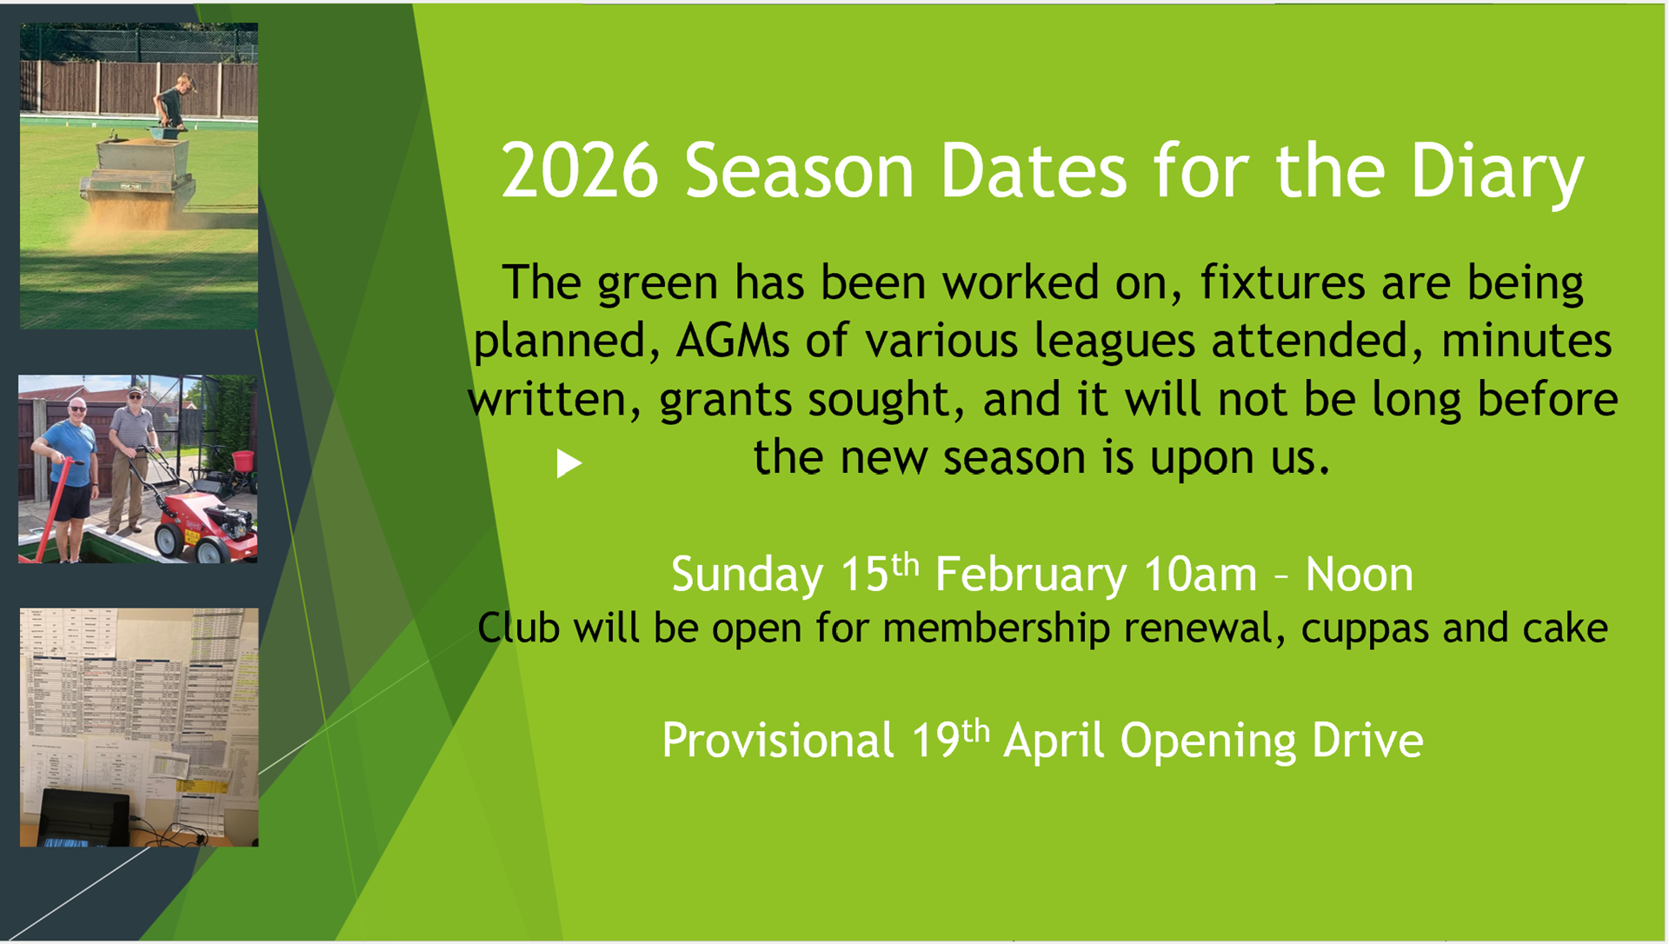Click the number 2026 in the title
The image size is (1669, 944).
(580, 171)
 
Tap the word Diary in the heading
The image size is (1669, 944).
(1497, 171)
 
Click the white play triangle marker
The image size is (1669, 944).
(569, 463)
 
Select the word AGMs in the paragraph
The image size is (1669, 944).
(733, 341)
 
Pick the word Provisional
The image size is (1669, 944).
(778, 741)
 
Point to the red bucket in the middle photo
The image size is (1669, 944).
(243, 461)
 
